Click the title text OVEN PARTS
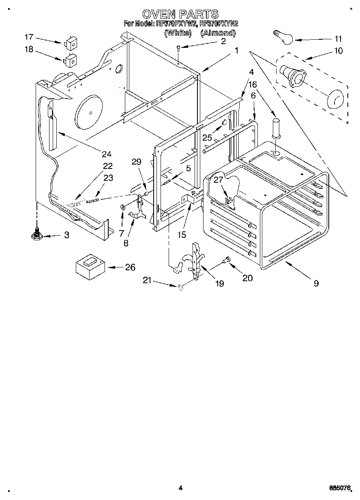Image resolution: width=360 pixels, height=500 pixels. coord(180,15)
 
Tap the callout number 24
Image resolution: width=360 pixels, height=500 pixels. coord(107,154)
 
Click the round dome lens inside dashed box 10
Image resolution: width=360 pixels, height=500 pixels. coord(334,99)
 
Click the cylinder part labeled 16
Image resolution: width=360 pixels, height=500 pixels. coord(276,127)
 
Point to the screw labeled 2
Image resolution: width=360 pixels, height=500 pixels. coord(178,49)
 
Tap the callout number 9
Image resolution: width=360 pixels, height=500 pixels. coord(316,283)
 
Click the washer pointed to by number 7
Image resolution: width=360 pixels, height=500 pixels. coord(122,208)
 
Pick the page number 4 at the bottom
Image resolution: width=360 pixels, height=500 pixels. coord(180,488)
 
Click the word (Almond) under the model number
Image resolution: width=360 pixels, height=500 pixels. coord(218,33)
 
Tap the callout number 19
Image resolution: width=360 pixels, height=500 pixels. coord(219,283)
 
